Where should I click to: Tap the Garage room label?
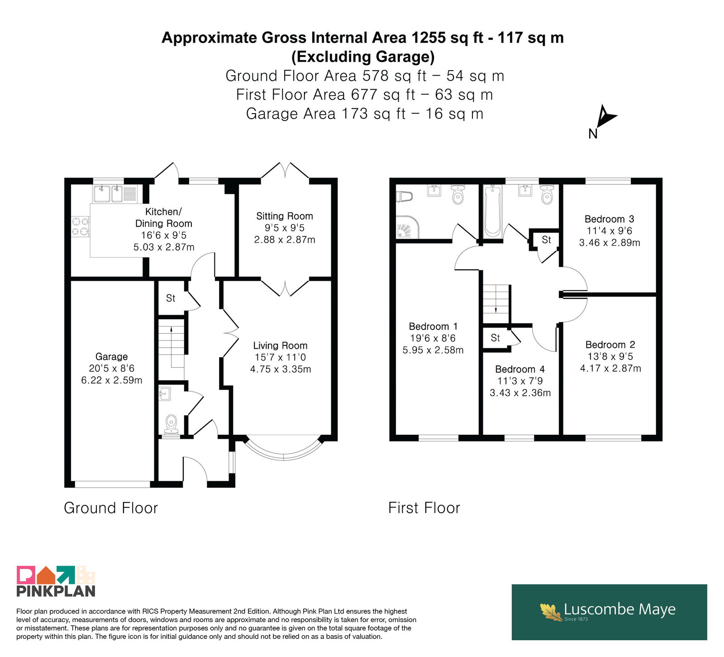tap(111, 356)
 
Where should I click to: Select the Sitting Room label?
tap(284, 216)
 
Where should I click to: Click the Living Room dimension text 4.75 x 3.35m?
tap(281, 369)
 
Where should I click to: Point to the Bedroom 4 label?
tap(520, 369)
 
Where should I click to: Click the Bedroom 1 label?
tap(433, 326)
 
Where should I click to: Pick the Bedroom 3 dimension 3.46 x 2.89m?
tap(610, 242)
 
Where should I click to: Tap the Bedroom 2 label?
tap(610, 345)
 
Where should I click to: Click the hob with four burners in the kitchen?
tap(81, 226)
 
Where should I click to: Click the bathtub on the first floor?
tap(492, 211)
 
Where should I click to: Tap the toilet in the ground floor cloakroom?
tap(171, 425)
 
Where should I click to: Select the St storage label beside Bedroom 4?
tap(495, 338)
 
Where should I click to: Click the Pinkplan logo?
tap(56, 581)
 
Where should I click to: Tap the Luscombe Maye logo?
tap(609, 612)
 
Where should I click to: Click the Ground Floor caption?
tap(111, 508)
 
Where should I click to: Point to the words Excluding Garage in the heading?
tap(363, 57)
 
